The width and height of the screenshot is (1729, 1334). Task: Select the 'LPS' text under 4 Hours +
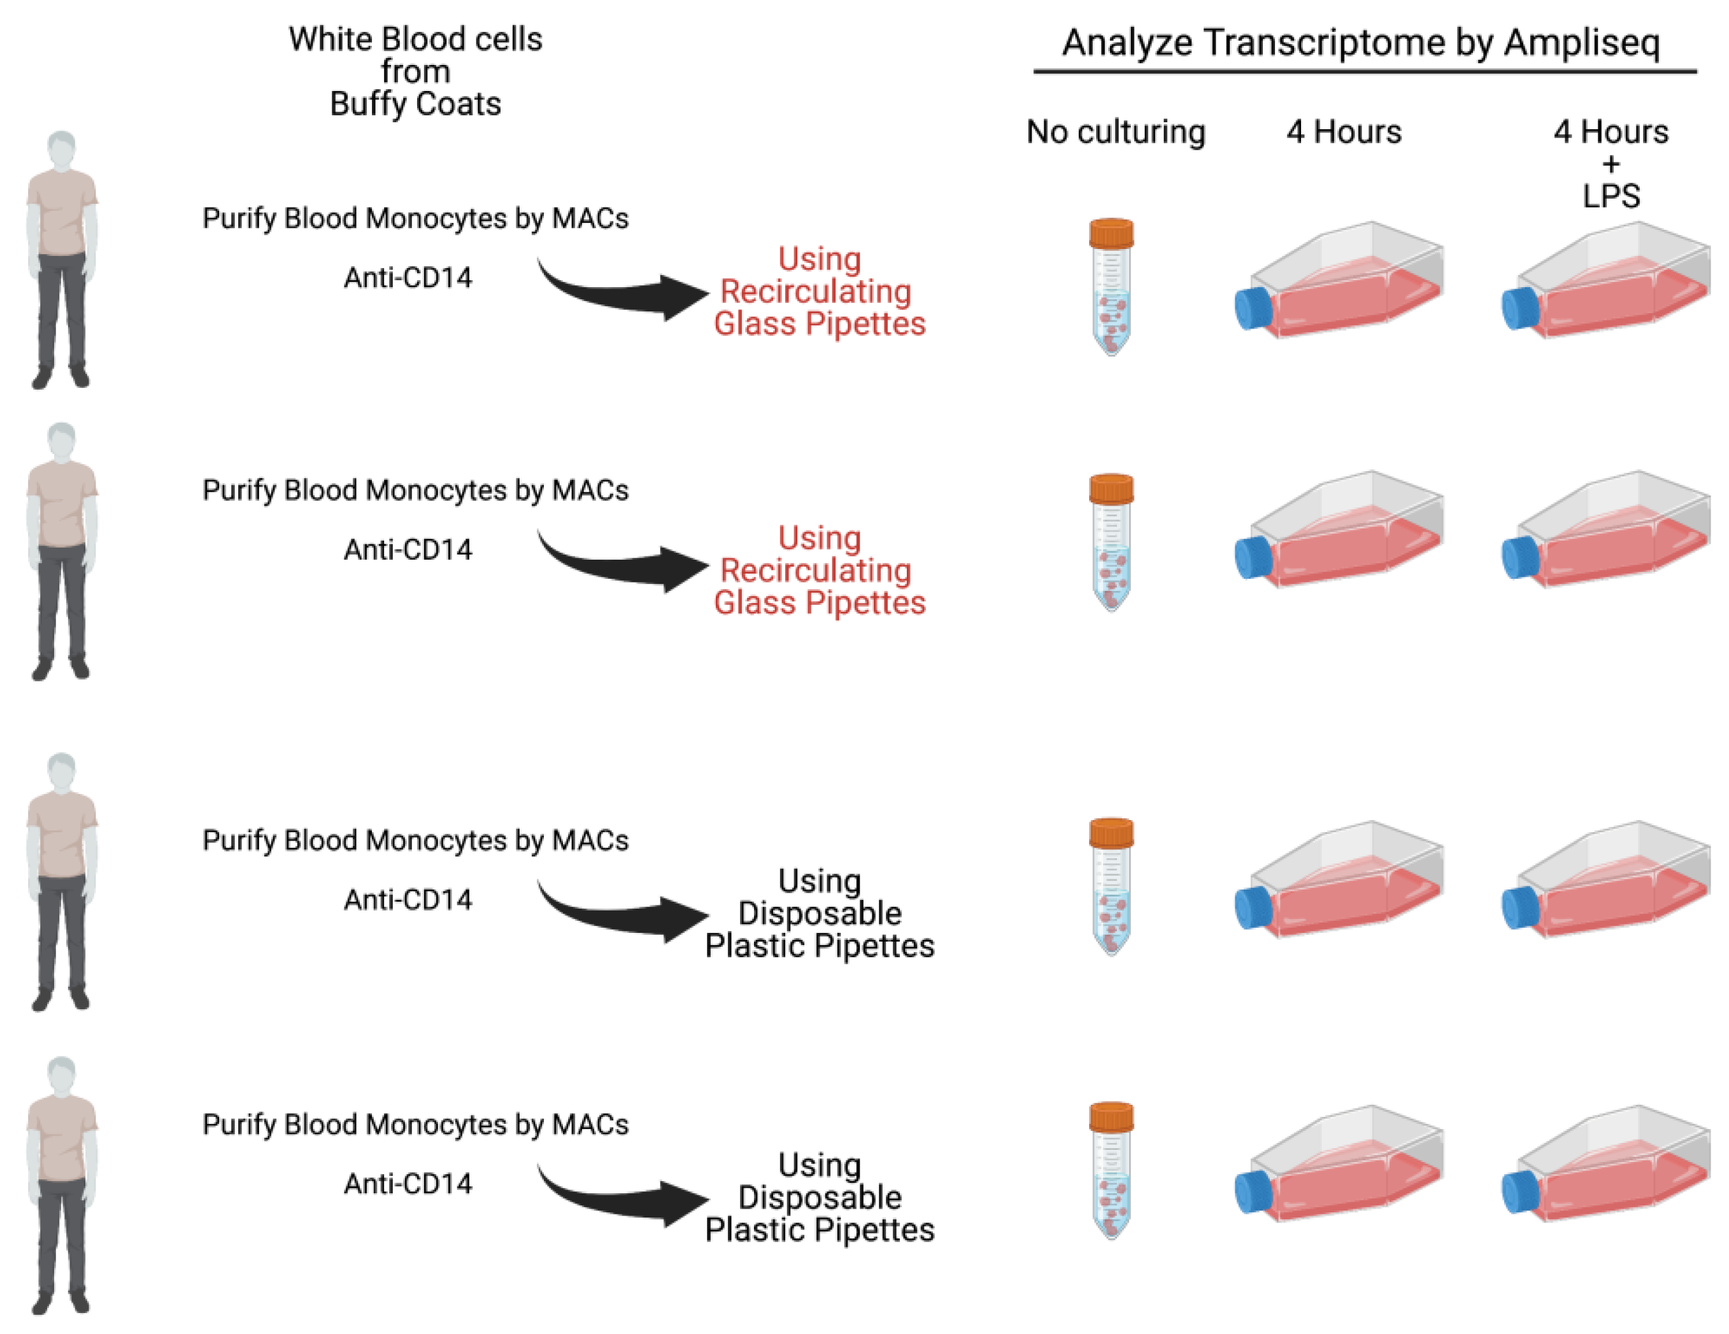tap(1611, 196)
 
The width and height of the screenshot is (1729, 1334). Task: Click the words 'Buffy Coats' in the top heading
tap(415, 104)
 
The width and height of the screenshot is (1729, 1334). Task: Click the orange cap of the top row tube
tap(1111, 234)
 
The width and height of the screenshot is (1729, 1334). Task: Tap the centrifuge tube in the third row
tap(1111, 887)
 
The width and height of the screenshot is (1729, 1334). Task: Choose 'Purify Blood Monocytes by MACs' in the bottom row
tap(415, 1125)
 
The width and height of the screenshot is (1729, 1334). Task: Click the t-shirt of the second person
tap(62, 503)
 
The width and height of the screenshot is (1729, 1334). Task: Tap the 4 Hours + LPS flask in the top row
tap(1607, 283)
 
